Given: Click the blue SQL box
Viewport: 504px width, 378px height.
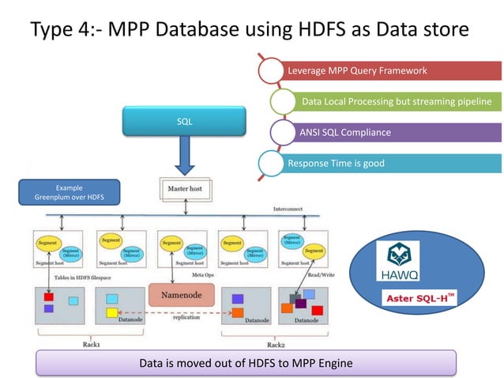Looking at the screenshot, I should tap(184, 121).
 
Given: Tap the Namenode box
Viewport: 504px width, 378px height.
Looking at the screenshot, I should tap(181, 294).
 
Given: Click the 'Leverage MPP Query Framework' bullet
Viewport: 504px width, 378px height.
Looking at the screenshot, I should tap(357, 71).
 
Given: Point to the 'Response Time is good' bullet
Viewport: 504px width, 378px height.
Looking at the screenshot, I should tap(336, 164).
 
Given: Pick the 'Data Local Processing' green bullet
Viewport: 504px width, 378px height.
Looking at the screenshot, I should tap(395, 102).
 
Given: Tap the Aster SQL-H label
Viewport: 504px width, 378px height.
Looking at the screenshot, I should tap(419, 298).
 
